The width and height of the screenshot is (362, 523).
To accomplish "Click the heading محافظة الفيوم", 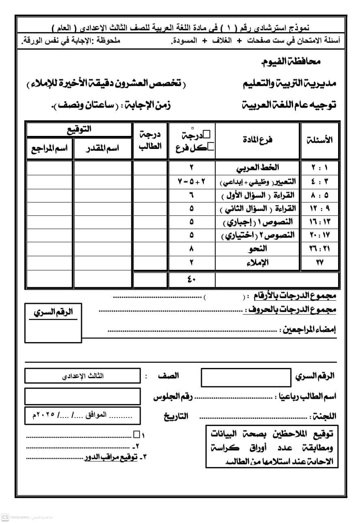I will pyautogui.click(x=290, y=62).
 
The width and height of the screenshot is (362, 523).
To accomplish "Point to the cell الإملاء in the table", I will pyautogui.click(x=257, y=263).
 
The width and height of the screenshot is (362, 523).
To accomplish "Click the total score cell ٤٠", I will pyautogui.click(x=192, y=280).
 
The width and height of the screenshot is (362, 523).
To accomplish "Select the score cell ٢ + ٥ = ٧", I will pyautogui.click(x=192, y=181).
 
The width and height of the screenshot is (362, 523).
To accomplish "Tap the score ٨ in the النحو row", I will pyautogui.click(x=192, y=249).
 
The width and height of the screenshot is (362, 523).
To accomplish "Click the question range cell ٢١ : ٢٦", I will pyautogui.click(x=320, y=249).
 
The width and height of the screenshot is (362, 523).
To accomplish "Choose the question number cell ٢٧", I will pyautogui.click(x=320, y=263).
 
